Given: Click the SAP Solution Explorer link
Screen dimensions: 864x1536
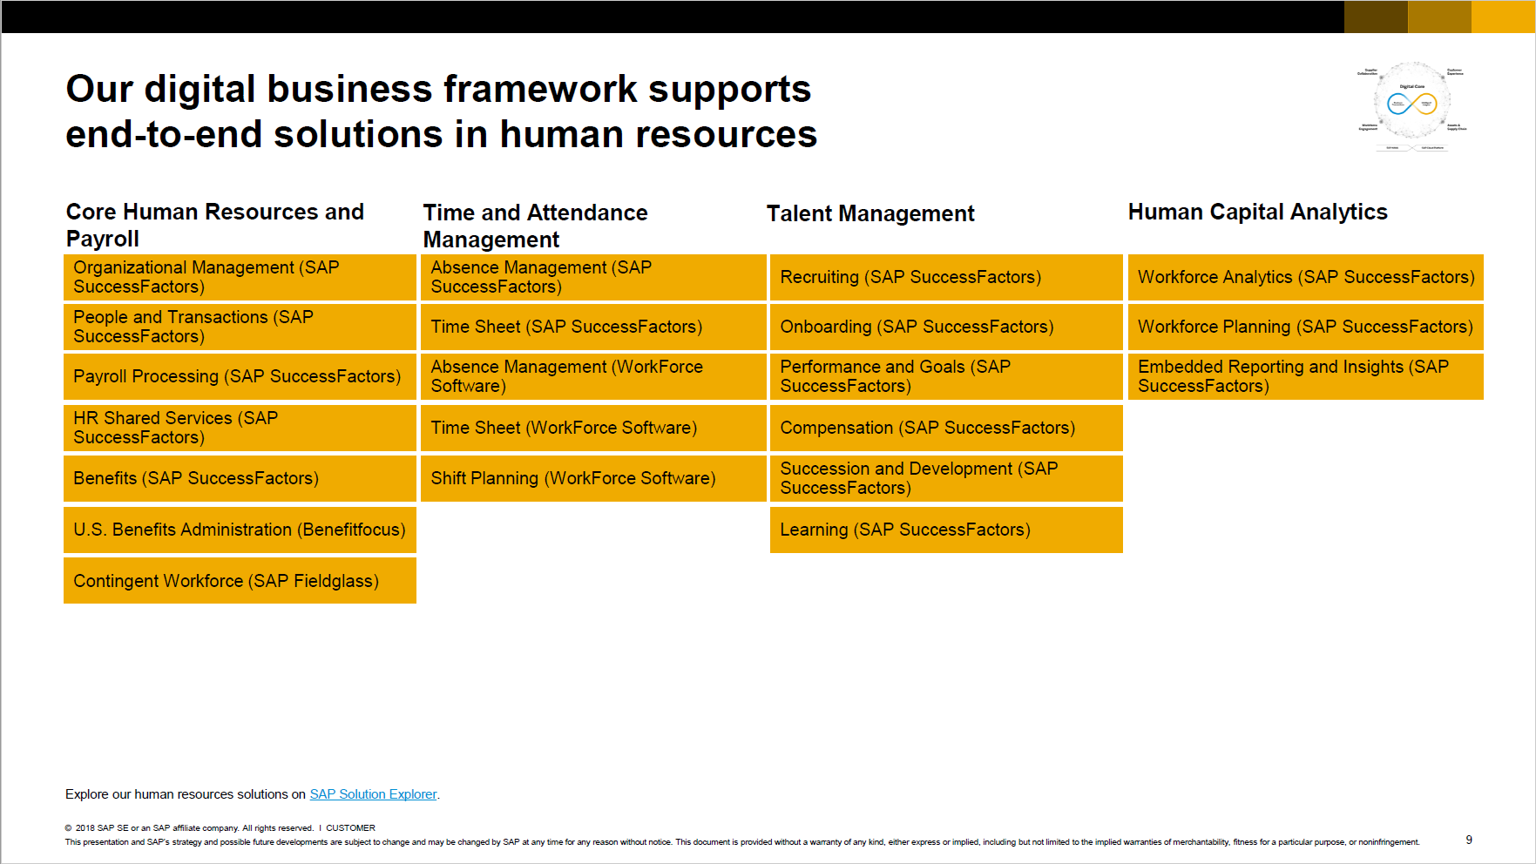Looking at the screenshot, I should click(x=373, y=794).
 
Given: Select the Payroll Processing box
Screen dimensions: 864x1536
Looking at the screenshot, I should click(x=240, y=376).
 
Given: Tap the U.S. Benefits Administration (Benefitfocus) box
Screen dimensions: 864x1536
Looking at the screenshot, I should click(x=240, y=530).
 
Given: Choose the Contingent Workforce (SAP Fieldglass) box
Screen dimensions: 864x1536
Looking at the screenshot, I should click(x=240, y=581).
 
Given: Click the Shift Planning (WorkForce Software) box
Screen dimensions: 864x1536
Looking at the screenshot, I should click(x=592, y=478).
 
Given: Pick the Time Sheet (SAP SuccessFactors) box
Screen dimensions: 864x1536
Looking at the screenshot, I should click(x=592, y=327).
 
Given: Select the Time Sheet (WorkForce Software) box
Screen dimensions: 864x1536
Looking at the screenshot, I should click(x=592, y=428).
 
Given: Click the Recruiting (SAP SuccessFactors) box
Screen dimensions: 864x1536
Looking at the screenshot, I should click(x=946, y=277).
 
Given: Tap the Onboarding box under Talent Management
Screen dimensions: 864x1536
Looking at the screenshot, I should click(x=946, y=327).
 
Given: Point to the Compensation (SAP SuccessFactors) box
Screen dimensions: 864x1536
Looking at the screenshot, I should click(x=946, y=428).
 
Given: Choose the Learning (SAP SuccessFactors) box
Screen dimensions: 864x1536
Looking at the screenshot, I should click(x=946, y=530).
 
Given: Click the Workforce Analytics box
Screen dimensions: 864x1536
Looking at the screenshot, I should click(x=1305, y=277).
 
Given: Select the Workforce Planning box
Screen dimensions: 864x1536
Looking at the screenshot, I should click(x=1305, y=327).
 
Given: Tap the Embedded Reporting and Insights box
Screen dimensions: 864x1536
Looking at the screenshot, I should click(x=1305, y=376).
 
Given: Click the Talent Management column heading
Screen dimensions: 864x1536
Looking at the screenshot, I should click(x=870, y=213).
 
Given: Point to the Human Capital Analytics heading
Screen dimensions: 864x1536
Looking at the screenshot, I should click(x=1257, y=212).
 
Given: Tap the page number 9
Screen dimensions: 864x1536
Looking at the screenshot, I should click(x=1469, y=840).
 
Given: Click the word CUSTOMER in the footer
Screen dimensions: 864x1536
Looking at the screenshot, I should click(x=350, y=828).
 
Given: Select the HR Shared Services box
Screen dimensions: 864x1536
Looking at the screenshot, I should click(x=240, y=428).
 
